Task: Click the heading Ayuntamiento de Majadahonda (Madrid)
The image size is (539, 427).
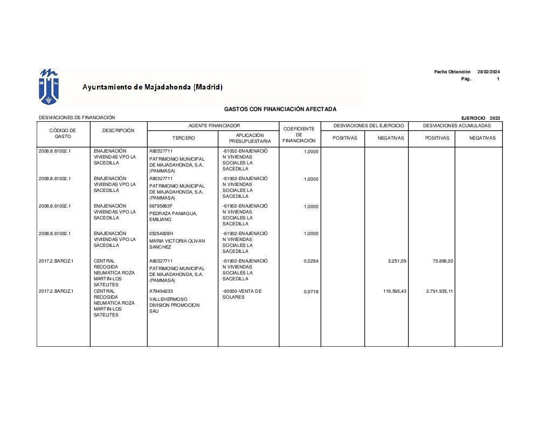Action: click(x=152, y=87)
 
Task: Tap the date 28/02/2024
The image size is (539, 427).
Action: click(x=488, y=72)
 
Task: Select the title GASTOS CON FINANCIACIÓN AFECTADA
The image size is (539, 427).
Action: click(x=280, y=109)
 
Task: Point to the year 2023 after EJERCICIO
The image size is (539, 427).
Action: click(x=495, y=118)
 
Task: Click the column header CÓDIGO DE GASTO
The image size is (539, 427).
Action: click(x=63, y=134)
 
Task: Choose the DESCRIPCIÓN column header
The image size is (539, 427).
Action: click(x=118, y=130)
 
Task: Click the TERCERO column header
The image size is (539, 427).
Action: click(x=183, y=138)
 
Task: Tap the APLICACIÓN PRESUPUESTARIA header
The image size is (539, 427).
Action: click(x=250, y=138)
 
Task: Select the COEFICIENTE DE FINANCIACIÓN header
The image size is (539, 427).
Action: click(x=299, y=135)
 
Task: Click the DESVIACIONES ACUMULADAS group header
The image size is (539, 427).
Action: click(x=457, y=126)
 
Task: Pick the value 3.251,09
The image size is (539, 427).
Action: click(x=397, y=261)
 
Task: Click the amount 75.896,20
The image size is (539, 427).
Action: click(x=443, y=261)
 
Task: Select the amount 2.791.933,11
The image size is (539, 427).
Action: click(x=439, y=292)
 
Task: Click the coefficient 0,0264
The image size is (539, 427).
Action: click(x=311, y=261)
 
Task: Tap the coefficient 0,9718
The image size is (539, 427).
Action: click(x=311, y=292)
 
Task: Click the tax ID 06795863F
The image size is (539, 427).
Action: click(x=161, y=206)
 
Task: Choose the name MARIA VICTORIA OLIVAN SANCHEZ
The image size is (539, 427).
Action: click(x=177, y=244)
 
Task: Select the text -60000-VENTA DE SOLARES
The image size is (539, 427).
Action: click(x=241, y=294)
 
